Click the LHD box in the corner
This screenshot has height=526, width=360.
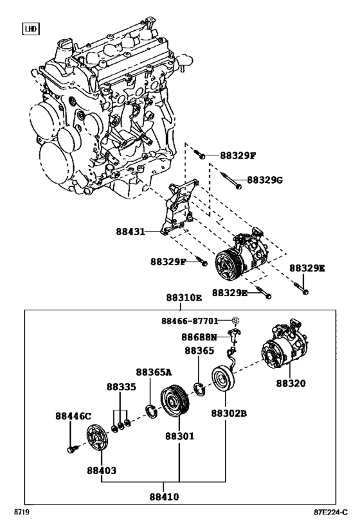click(30, 28)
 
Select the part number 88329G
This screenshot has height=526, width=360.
click(265, 179)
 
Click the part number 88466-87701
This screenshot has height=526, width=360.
click(198, 320)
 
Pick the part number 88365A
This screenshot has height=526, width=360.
click(154, 372)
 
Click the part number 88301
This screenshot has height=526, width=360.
click(179, 436)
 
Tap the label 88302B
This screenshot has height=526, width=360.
click(229, 414)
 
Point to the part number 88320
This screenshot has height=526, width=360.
click(291, 383)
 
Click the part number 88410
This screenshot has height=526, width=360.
click(165, 496)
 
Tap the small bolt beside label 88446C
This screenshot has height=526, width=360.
click(72, 448)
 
